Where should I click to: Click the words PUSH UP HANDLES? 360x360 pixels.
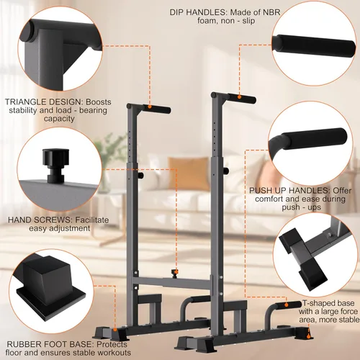click(284, 191)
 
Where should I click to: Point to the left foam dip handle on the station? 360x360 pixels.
click(153, 107)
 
